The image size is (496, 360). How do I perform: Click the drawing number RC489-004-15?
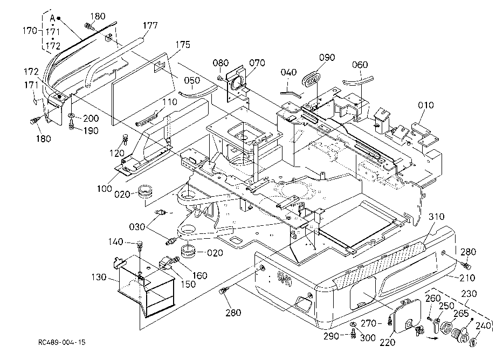[61, 342]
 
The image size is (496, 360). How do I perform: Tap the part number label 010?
[426, 105]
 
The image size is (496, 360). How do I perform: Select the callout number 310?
[437, 217]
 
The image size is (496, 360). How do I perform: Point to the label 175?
[183, 45]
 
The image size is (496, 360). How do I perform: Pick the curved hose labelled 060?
[358, 81]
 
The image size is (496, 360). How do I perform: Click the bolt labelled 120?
[125, 139]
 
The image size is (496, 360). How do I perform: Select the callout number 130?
[99, 277]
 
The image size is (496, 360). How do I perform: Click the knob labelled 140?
[140, 244]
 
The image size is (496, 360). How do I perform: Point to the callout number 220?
[388, 342]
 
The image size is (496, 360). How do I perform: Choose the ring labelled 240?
[473, 342]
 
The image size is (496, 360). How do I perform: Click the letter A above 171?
[52, 18]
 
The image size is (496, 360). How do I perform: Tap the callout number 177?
[150, 25]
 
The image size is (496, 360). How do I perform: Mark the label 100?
[105, 189]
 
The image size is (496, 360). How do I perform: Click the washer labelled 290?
[353, 324]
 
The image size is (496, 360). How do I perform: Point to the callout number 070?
[257, 63]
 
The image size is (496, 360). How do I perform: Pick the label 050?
[192, 80]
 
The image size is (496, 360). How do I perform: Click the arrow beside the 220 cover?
[432, 338]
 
